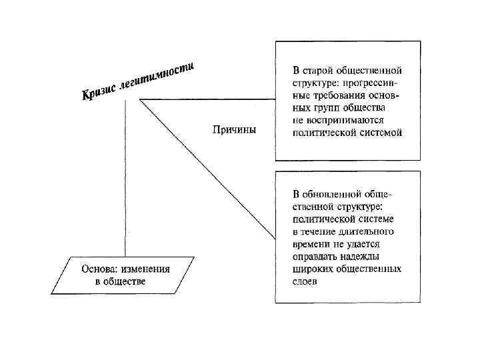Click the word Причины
pos(234,129)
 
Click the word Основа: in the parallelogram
pos(101,270)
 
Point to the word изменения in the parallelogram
pos(145,270)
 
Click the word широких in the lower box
pos(313,269)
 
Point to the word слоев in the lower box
pos(306,281)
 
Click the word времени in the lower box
pos(312,244)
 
